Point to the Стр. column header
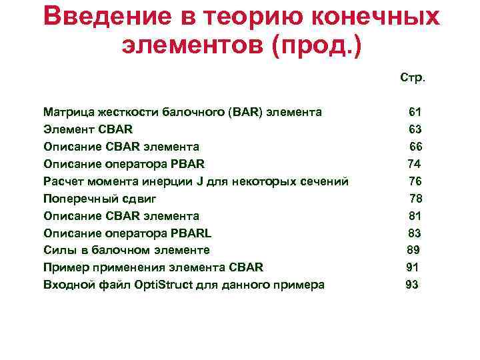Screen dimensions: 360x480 pos(413,78)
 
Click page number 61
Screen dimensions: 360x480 pos(415,111)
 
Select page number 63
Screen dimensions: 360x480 pos(415,129)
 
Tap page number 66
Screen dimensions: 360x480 pos(415,146)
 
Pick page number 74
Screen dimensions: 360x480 pos(414,163)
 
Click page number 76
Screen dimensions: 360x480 pos(415,181)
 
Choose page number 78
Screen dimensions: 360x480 pos(415,198)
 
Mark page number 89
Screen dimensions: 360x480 pos(413,250)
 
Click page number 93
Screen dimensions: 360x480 pos(412,285)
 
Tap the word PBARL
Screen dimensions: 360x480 pos(191,233)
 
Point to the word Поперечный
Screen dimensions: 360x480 pos(78,198)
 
